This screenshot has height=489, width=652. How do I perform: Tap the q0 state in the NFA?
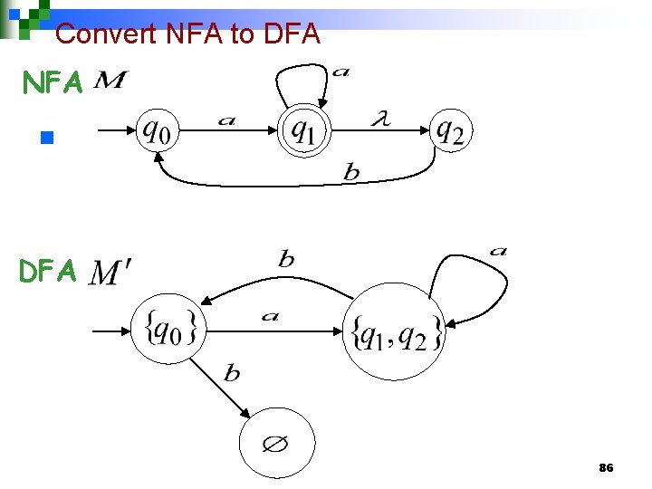coord(157,134)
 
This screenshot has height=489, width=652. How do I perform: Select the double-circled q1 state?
coord(304,133)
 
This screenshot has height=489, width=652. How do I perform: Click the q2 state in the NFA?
coord(450,133)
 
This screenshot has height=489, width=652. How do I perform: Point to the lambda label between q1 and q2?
coord(381,118)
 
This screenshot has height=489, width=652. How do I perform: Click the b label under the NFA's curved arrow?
coord(351,173)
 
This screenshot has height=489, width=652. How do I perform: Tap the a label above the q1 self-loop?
coord(341,71)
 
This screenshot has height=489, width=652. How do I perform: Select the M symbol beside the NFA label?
coord(110,82)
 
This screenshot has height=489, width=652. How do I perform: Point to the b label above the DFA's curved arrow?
coord(286,259)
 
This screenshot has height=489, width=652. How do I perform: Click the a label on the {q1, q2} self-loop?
coord(498,251)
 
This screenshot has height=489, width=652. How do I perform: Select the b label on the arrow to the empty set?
coord(233,373)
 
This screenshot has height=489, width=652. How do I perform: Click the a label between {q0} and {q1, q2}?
coord(270,316)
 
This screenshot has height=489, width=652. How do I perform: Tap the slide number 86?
coord(606,468)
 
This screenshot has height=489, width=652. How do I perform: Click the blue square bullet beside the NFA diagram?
coord(48,139)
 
